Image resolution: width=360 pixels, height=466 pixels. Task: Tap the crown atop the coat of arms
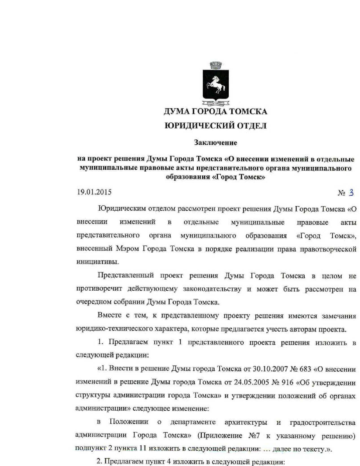coord(216,66)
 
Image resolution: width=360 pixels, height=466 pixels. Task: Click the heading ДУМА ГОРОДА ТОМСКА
coord(215,112)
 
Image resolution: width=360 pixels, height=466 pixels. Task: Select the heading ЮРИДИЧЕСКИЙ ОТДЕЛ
coord(215,126)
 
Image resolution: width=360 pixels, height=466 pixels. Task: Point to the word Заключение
coord(215,143)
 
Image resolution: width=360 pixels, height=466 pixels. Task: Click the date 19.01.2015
coord(94,192)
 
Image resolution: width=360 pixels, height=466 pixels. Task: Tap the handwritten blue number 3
coord(351,193)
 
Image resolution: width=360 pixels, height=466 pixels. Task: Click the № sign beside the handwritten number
coord(342,193)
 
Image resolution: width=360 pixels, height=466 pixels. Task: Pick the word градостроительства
coord(322,423)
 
